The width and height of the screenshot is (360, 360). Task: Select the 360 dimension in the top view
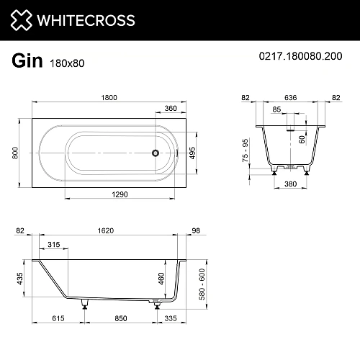170,109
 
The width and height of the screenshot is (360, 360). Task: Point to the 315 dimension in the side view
53,245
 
